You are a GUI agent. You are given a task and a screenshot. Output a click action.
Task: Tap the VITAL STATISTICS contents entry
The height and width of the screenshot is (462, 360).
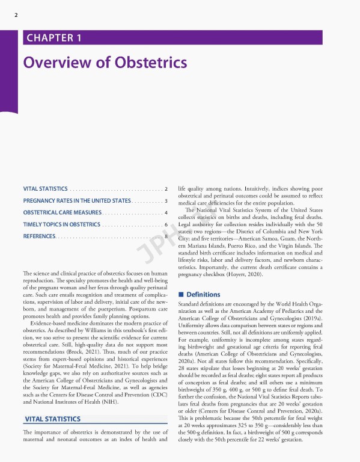click(x=45, y=189)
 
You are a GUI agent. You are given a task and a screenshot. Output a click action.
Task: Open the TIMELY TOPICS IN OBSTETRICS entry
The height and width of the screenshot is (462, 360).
click(x=61, y=224)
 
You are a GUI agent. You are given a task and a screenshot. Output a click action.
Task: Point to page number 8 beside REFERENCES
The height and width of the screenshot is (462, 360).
click(x=165, y=236)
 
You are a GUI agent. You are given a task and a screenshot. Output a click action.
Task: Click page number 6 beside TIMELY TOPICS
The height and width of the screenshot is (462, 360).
click(x=165, y=224)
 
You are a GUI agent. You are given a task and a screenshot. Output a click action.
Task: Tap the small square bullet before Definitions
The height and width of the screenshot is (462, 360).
click(x=181, y=295)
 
